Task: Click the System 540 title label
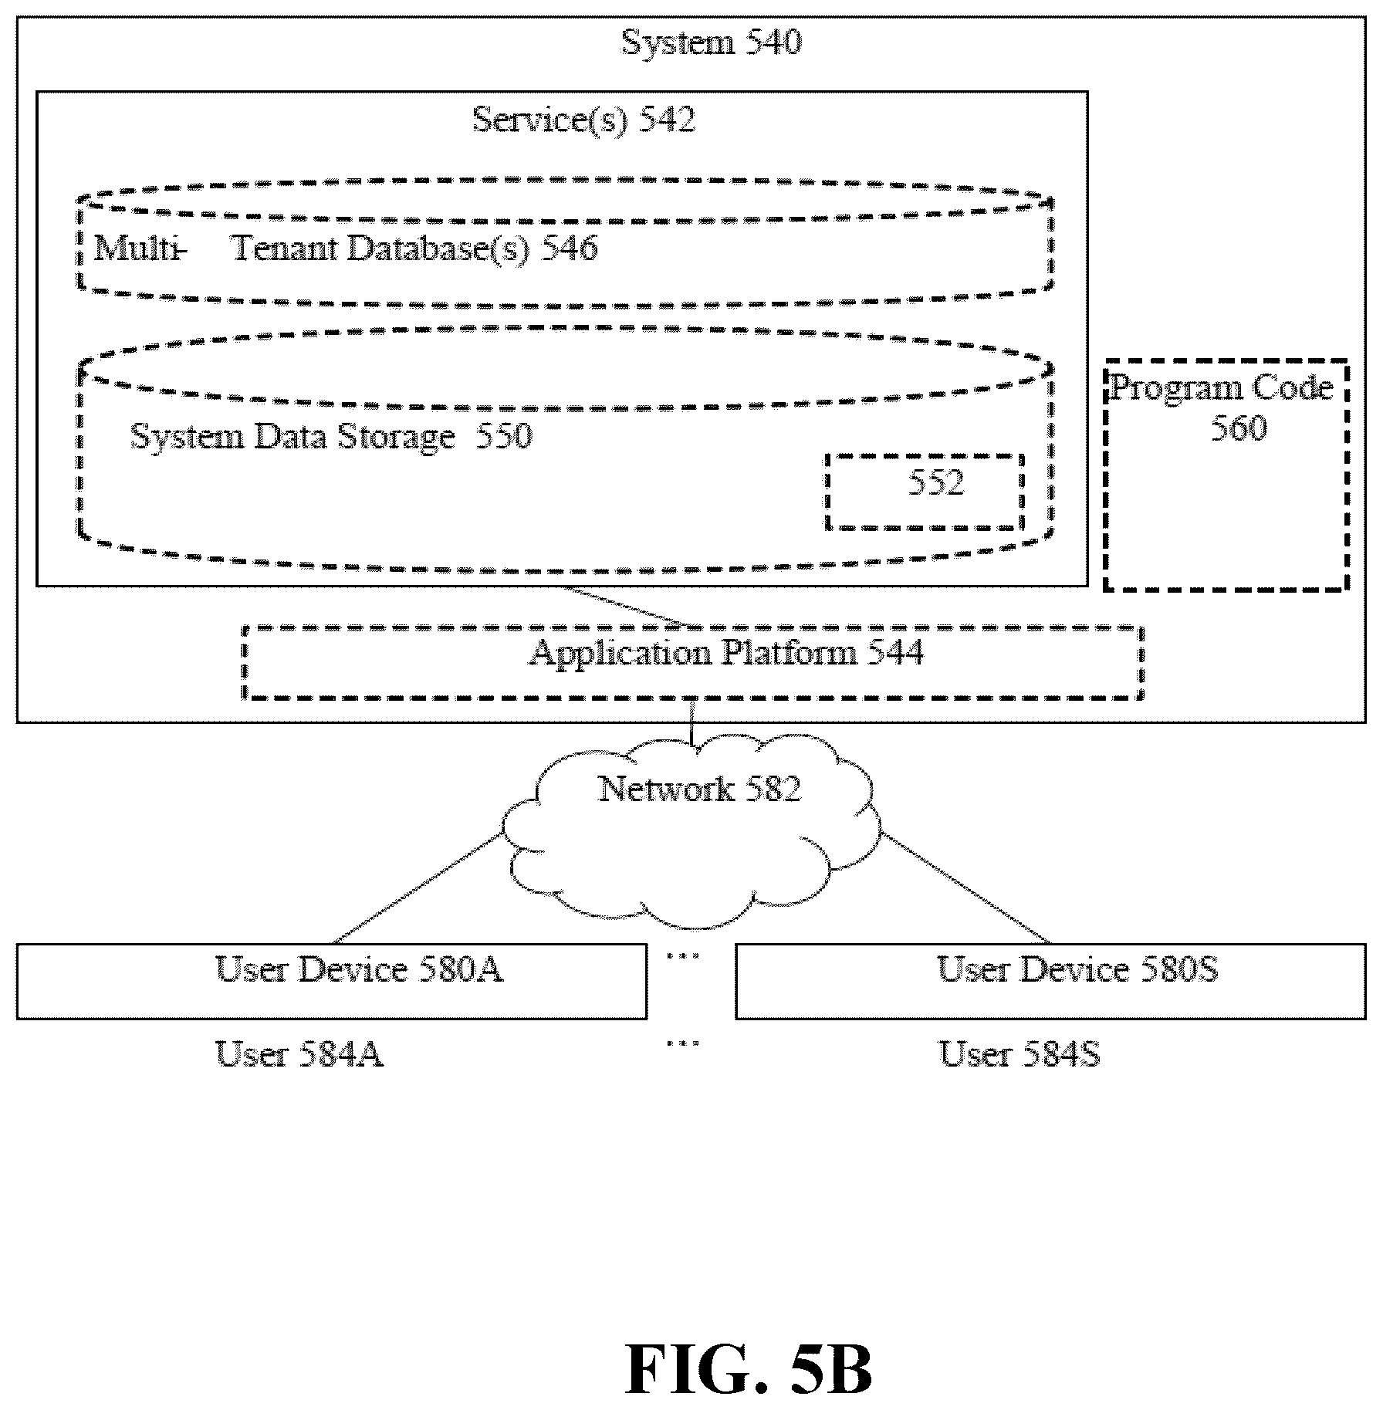click(x=711, y=42)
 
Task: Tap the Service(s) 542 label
click(x=583, y=120)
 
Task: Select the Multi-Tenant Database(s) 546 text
click(x=346, y=249)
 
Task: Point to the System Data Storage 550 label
click(x=331, y=437)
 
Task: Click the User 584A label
click(x=299, y=1054)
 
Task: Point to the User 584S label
click(x=1019, y=1054)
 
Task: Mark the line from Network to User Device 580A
click(x=417, y=889)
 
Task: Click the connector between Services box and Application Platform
click(x=629, y=607)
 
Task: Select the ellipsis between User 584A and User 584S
click(x=683, y=1043)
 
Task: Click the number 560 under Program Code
click(x=1238, y=428)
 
